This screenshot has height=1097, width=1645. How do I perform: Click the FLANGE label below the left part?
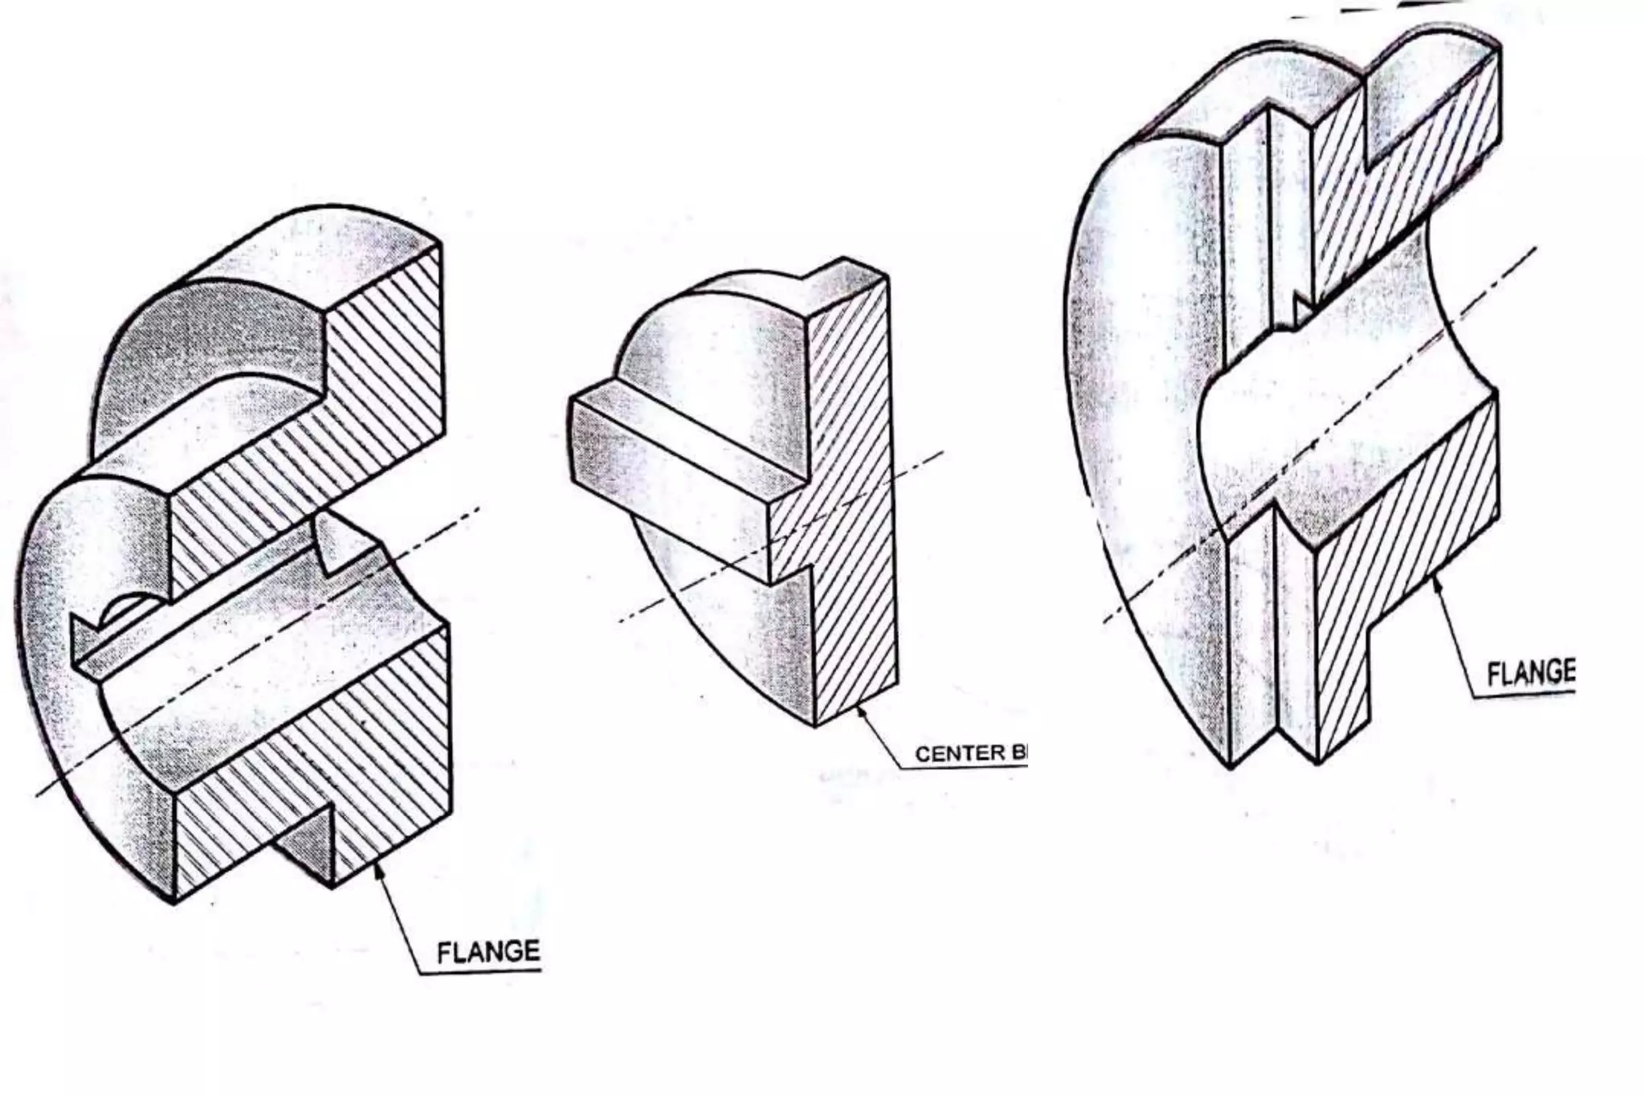(488, 952)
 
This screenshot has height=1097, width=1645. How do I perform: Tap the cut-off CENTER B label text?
(970, 753)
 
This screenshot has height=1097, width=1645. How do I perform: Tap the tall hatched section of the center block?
(851, 498)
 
